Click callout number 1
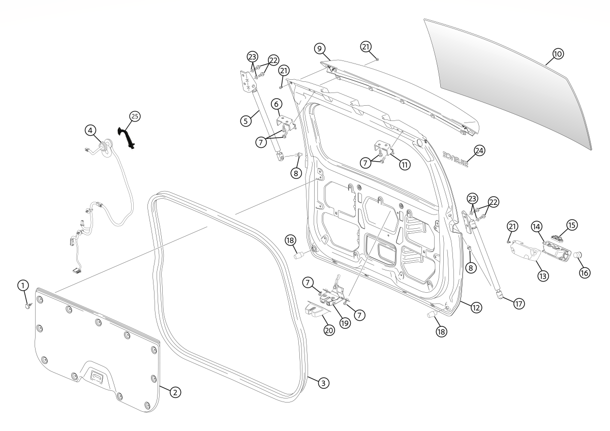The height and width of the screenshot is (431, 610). point(23,286)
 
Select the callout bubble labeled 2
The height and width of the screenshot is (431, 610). point(174,392)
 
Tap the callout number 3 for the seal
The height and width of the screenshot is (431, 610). point(322,383)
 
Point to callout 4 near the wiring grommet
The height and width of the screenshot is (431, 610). point(90,131)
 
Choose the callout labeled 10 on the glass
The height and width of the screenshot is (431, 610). point(558,54)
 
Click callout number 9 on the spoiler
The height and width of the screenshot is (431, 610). point(319,48)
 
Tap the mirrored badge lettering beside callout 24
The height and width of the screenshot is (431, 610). point(454,157)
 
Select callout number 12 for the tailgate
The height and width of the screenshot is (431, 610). point(476,307)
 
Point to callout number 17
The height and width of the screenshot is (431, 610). point(518,303)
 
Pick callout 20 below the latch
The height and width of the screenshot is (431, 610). point(329,330)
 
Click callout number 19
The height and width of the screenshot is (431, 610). point(345,323)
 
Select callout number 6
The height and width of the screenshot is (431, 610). point(277,104)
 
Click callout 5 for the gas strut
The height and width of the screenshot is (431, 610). point(246,121)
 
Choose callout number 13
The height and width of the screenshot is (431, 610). point(543,276)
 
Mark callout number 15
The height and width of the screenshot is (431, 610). point(572,224)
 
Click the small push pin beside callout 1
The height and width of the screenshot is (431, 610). point(29,305)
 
